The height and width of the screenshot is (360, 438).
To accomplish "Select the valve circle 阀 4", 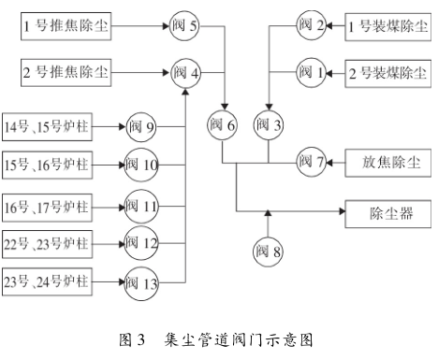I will (x=185, y=70).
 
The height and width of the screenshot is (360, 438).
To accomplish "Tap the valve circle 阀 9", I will (x=143, y=125).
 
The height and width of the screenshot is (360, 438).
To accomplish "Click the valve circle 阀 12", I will (x=143, y=242).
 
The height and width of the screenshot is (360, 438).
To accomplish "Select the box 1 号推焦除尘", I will (x=65, y=26).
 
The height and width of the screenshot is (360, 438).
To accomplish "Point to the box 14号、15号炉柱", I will (x=47, y=125).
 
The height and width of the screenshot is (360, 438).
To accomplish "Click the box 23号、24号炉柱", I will (x=47, y=280).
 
